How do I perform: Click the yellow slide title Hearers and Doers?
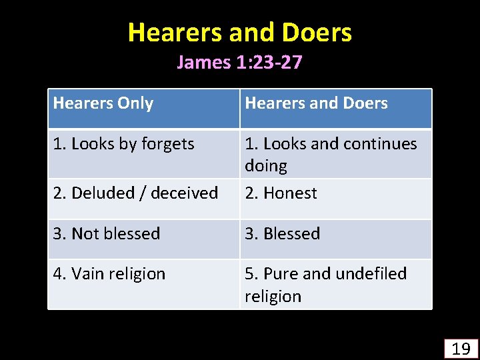(x=240, y=32)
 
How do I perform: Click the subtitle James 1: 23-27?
(x=240, y=63)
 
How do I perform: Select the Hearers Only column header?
(x=103, y=103)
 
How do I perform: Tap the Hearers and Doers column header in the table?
(x=316, y=103)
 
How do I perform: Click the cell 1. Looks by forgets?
(x=123, y=143)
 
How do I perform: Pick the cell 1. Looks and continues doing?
(x=331, y=154)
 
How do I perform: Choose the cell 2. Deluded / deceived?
(x=135, y=193)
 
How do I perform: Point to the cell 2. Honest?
(x=281, y=193)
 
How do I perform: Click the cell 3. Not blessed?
(x=107, y=234)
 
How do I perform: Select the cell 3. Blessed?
(x=283, y=234)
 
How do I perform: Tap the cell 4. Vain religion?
(x=109, y=274)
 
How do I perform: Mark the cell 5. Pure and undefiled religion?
(x=325, y=285)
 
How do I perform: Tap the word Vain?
(x=87, y=274)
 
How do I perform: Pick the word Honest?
(x=290, y=193)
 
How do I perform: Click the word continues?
(x=384, y=143)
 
